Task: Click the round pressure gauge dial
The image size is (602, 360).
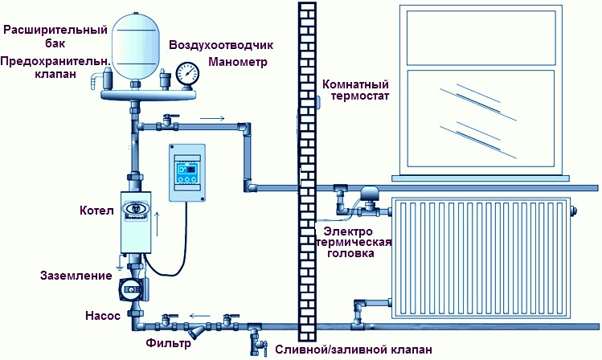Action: (x=188, y=73)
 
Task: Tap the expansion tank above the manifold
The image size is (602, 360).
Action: (x=135, y=46)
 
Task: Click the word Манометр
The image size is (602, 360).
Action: (x=238, y=62)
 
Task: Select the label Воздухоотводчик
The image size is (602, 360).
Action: (x=221, y=45)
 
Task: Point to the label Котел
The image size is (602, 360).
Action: (x=96, y=211)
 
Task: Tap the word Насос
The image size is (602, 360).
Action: (x=103, y=316)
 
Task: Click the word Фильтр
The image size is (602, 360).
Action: (x=168, y=343)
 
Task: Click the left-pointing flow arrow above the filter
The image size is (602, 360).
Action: (x=199, y=317)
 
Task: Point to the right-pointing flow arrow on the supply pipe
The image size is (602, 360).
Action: (x=212, y=119)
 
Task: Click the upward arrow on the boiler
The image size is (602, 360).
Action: (x=157, y=223)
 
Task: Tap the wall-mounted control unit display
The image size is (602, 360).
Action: (x=187, y=172)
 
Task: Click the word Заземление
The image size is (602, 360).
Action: (x=76, y=275)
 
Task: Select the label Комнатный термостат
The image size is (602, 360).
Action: (x=355, y=90)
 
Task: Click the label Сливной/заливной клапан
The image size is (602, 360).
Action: (x=354, y=350)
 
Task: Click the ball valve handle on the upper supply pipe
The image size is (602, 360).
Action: (x=171, y=116)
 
